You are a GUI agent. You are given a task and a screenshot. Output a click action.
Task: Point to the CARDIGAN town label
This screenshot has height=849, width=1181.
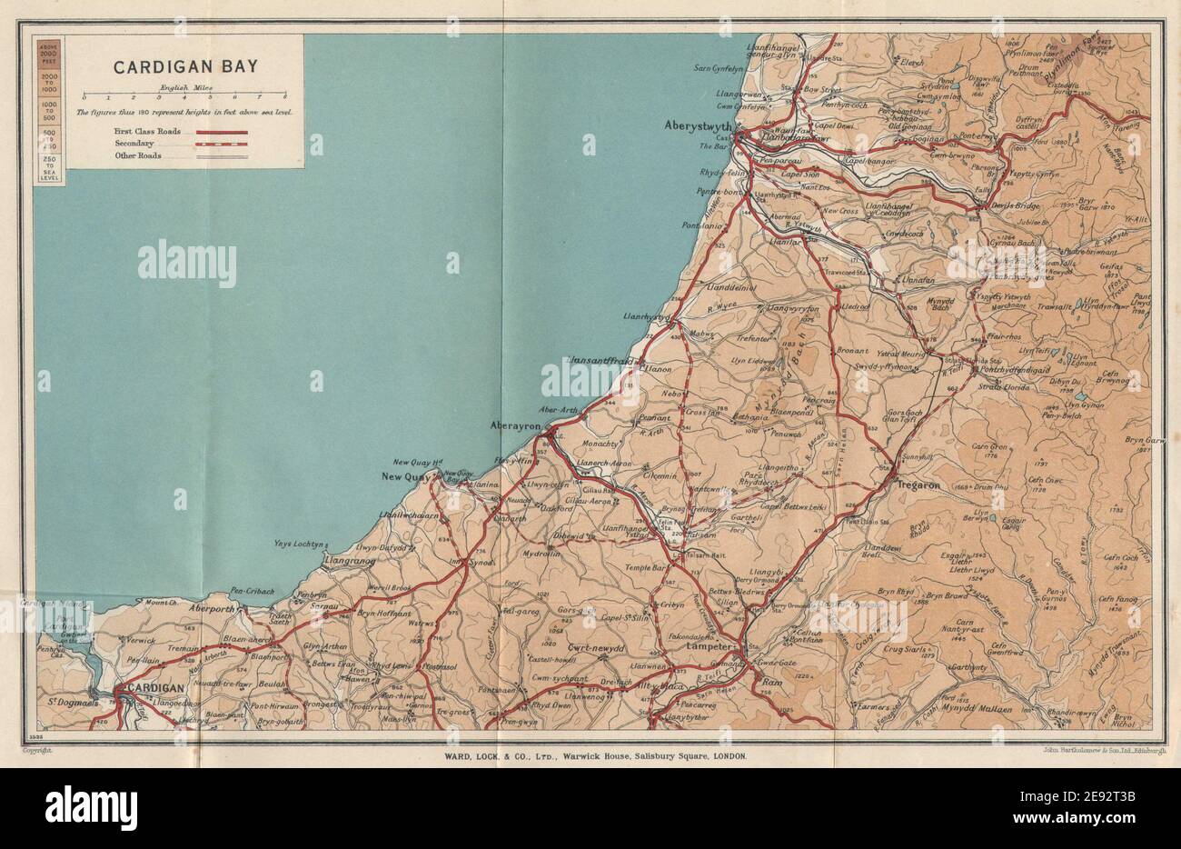tap(159, 688)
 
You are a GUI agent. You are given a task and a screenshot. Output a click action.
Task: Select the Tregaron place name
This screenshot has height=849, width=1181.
tap(918, 486)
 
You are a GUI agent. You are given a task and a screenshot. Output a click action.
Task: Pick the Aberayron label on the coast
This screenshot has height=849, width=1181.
tap(515, 425)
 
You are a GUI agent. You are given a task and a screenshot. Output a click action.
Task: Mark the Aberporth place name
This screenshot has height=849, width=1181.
tap(213, 609)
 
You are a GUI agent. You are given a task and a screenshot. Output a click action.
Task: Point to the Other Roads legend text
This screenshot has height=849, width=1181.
tap(137, 155)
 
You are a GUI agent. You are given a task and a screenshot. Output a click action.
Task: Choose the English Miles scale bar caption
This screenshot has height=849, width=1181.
tap(183, 87)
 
